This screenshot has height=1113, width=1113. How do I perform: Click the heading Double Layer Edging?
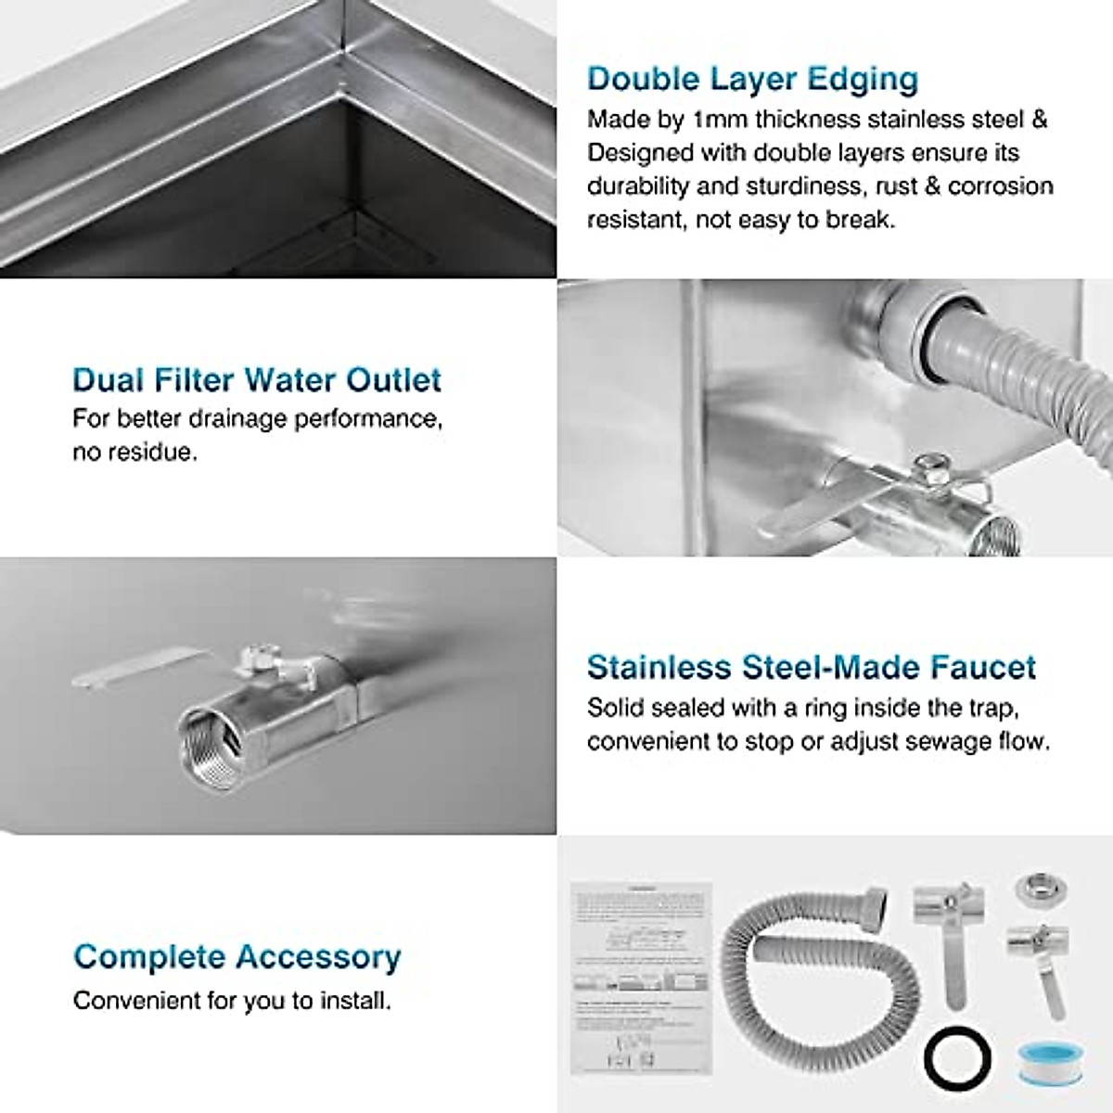[x=752, y=80]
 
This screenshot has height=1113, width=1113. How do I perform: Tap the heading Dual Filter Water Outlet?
[x=257, y=380]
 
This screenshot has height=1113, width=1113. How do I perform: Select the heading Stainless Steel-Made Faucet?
[x=812, y=668]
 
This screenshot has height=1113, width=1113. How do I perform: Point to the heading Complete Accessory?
[x=237, y=957]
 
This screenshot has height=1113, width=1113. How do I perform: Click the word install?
[x=356, y=1002]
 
